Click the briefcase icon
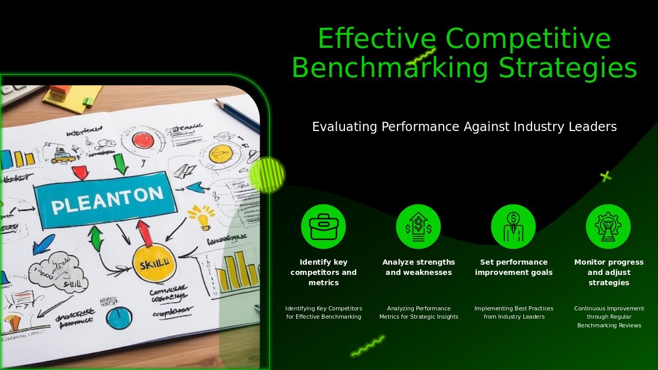point(323,227)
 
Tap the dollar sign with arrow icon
point(418,227)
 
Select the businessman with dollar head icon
point(513,227)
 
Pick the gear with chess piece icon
point(608,227)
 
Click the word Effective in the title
point(376,39)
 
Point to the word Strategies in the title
point(568,68)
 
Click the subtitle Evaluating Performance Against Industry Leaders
point(464,127)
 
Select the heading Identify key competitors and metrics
point(323,272)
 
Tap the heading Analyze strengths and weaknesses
point(418,267)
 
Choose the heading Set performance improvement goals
point(514,267)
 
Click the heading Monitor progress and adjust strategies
point(609,272)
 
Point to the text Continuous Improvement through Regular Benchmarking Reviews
point(609,317)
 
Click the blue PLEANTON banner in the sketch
point(106,199)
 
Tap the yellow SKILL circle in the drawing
point(154,264)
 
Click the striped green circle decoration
point(267,175)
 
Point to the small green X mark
point(606,176)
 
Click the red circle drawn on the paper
point(143,140)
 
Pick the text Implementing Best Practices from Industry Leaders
point(514,312)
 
